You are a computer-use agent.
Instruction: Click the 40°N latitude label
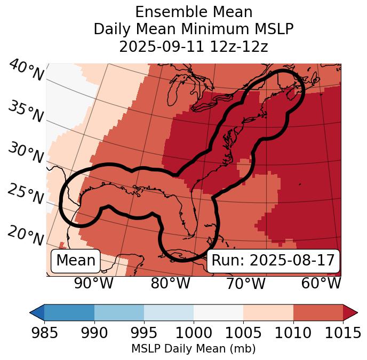(26, 71)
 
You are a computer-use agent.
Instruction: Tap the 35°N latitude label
(25, 112)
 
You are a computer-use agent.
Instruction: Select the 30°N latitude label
(25, 153)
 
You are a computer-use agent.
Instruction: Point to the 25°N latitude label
(25, 194)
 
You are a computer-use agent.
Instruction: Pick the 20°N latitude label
(26, 235)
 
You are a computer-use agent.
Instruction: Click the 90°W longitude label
(94, 284)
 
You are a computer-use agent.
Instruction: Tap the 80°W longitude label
(171, 284)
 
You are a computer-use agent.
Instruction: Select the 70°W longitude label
(245, 284)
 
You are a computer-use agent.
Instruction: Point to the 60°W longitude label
(321, 284)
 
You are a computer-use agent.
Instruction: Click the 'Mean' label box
(76, 261)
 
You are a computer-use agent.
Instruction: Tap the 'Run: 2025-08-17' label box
(273, 261)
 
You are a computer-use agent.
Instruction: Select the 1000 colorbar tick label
(194, 333)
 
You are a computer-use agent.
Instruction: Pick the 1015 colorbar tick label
(343, 333)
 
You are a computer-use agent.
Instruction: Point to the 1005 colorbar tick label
(243, 333)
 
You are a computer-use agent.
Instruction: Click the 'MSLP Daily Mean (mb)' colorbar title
(193, 349)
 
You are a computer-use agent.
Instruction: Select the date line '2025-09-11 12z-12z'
(194, 46)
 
